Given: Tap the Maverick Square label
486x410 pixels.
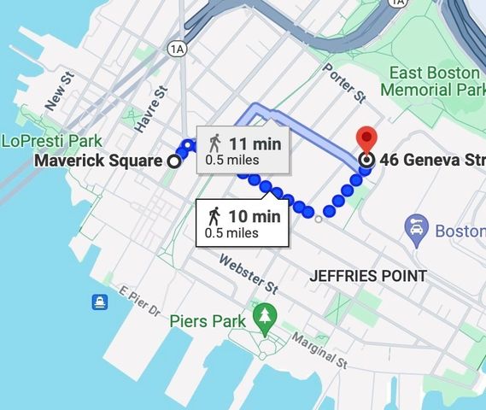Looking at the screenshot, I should [98, 161].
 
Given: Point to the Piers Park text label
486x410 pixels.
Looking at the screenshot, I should [208, 321].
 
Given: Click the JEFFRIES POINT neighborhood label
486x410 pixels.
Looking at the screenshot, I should [366, 276].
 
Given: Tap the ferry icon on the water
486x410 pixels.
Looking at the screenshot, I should [100, 302].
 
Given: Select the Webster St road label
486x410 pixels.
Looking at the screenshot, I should [249, 272].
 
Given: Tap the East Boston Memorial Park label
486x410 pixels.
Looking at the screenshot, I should [432, 80].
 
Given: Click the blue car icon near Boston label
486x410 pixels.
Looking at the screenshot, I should [416, 229].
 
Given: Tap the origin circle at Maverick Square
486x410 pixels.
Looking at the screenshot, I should [173, 161].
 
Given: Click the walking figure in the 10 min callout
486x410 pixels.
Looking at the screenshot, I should [214, 216].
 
